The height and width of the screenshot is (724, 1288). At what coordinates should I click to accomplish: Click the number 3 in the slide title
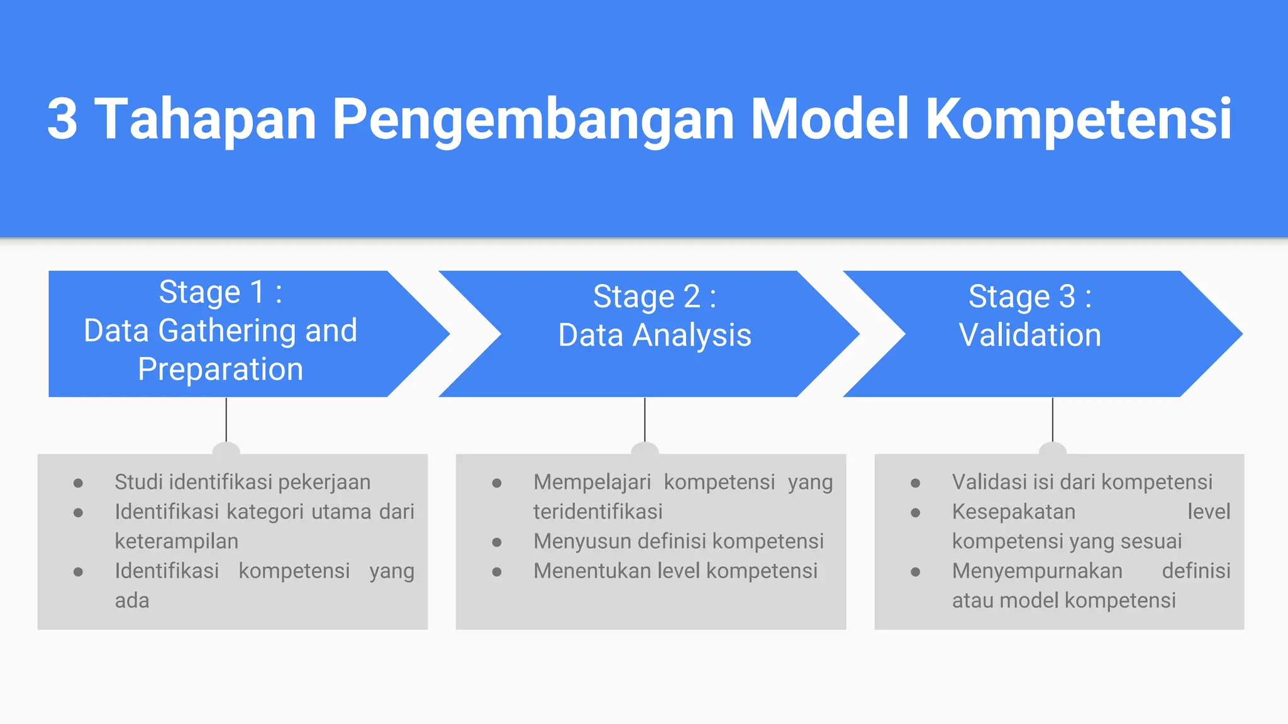pos(62,119)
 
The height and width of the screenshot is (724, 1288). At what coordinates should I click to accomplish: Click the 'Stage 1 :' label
pos(220,292)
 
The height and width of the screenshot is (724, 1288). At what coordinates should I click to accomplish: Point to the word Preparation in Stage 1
pos(220,369)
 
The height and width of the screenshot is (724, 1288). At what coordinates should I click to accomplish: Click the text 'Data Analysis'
pos(654,335)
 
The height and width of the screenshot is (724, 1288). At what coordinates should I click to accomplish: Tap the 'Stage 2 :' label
pos(654,297)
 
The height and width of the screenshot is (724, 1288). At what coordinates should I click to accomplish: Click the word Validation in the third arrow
pos(1030,335)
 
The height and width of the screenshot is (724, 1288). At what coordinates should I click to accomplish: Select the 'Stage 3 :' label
pos(1030,297)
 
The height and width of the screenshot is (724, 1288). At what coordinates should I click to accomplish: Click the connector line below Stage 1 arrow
pos(226,420)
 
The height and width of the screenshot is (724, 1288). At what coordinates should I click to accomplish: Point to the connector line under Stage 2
pos(645,420)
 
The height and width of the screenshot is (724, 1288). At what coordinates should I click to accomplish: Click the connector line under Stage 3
pos(1053,420)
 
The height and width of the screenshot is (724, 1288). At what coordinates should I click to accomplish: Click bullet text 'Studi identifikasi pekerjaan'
pos(242,482)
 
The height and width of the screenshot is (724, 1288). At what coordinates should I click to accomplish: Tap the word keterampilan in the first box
pos(176,541)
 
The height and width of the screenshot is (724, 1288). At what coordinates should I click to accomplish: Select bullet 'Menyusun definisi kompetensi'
pos(678,541)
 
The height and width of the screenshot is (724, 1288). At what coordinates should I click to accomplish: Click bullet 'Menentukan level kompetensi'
pos(675,571)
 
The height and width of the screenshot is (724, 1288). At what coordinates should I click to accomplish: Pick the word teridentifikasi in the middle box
pos(597,512)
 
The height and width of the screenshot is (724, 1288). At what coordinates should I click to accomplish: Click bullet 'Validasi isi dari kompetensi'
pos(1082,482)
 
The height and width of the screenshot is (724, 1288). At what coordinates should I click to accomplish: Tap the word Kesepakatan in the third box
pos(1013,512)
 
